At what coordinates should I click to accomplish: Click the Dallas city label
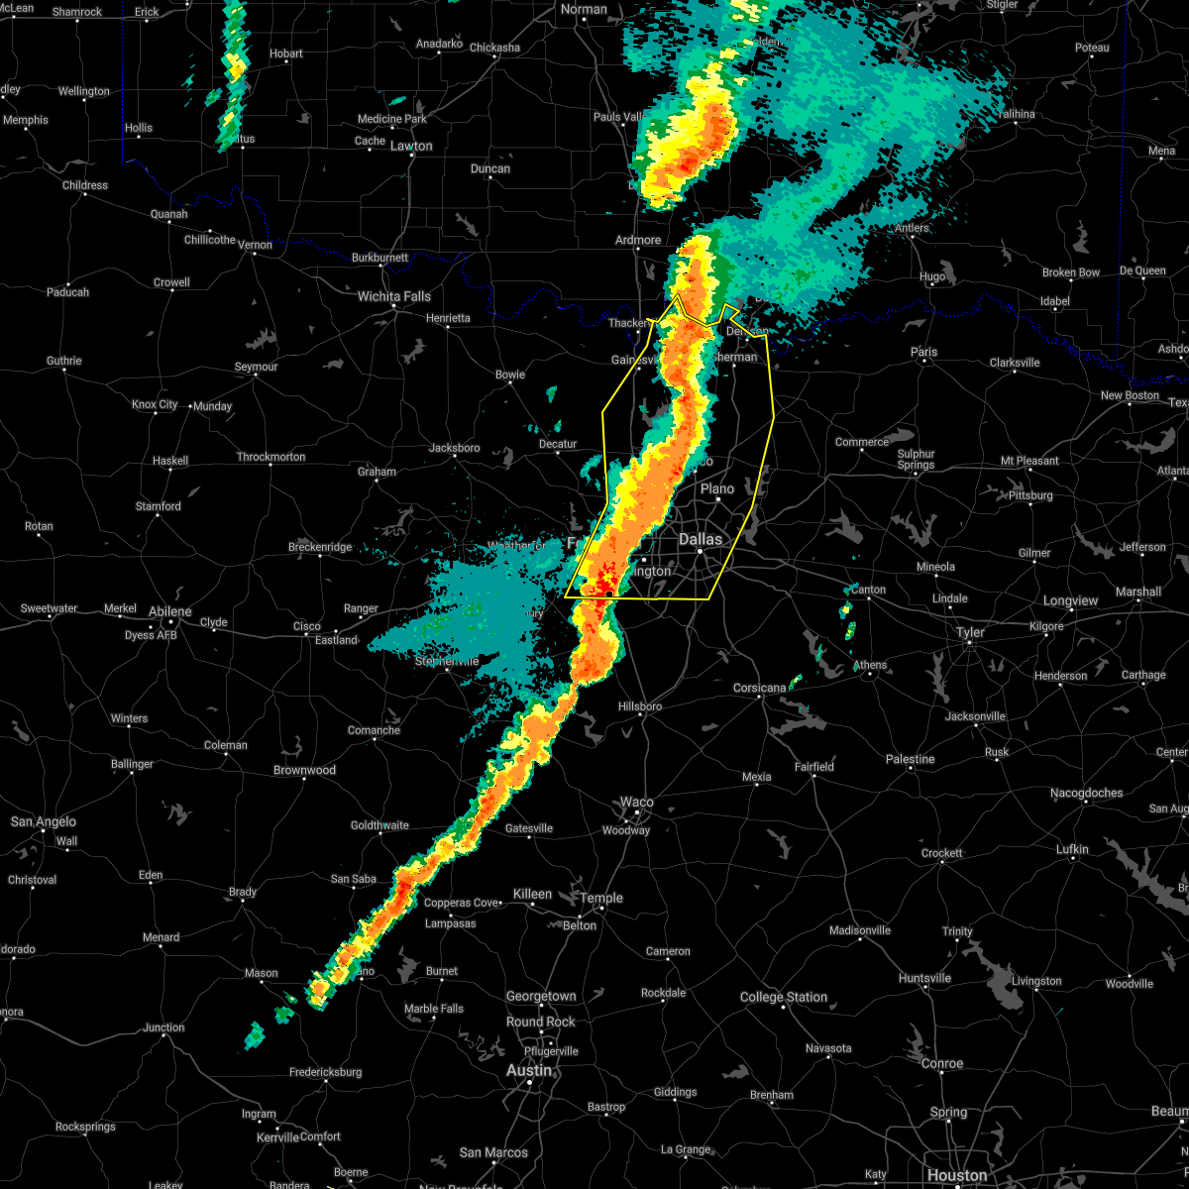(701, 540)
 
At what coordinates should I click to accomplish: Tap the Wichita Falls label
(393, 296)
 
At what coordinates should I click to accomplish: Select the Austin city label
(529, 1071)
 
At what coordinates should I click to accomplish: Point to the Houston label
(957, 1175)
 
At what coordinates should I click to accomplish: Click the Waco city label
(637, 803)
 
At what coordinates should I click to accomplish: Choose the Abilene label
(170, 611)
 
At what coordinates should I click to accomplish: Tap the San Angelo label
(43, 821)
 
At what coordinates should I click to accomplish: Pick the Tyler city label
(970, 632)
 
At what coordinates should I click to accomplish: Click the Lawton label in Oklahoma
(411, 146)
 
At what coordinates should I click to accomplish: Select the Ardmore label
(638, 240)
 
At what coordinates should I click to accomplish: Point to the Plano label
(717, 488)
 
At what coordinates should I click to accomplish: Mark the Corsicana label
(759, 688)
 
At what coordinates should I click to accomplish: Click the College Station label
(784, 997)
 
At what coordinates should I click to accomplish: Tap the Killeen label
(532, 894)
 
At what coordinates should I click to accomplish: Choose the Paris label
(923, 352)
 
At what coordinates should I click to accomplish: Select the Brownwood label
(304, 770)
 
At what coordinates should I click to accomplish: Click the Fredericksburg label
(325, 1072)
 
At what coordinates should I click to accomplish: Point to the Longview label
(1070, 600)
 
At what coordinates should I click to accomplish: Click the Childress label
(85, 185)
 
